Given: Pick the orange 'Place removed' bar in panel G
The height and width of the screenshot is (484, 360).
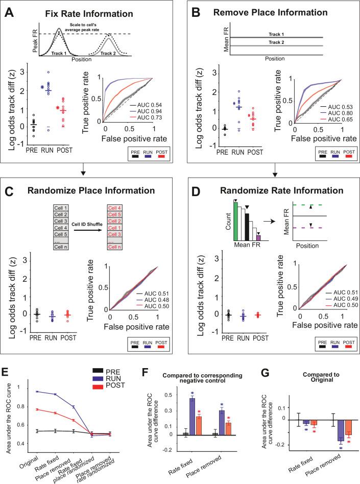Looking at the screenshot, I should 333,434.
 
